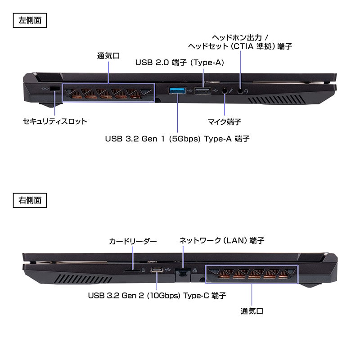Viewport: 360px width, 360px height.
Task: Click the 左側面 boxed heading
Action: [x=30, y=20]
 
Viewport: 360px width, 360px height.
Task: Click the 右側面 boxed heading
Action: [x=30, y=200]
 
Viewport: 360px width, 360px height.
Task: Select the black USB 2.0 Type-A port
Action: [x=203, y=91]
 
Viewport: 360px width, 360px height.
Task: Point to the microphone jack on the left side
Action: [x=224, y=91]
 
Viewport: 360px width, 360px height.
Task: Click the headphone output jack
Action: [x=240, y=90]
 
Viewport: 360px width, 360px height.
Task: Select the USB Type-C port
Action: [x=157, y=270]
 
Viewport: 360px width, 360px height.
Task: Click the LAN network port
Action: [x=182, y=271]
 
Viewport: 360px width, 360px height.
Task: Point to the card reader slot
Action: [x=133, y=271]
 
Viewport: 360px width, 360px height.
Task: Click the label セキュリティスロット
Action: [x=55, y=121]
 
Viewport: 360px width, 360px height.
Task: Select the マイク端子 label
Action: [x=224, y=121]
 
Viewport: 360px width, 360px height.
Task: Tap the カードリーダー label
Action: [x=133, y=242]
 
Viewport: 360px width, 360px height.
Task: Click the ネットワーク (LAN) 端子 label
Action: [x=221, y=241]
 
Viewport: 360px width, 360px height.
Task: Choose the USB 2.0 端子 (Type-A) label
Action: [x=180, y=63]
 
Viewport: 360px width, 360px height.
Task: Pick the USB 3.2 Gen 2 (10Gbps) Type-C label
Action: [x=157, y=296]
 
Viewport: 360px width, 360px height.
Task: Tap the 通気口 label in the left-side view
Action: [x=108, y=56]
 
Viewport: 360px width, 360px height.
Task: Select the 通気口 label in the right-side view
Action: [x=252, y=311]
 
